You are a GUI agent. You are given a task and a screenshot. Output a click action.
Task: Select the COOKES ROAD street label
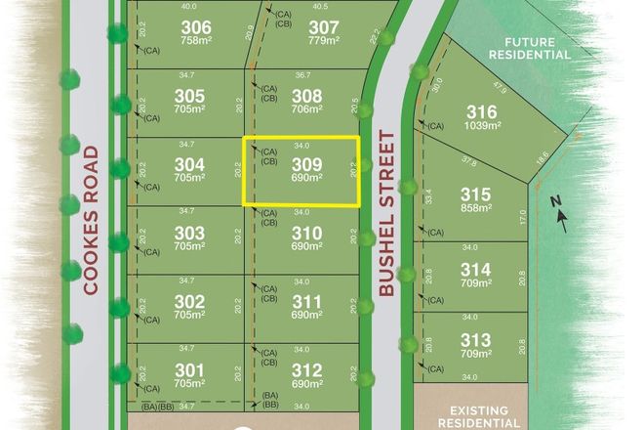(92, 220)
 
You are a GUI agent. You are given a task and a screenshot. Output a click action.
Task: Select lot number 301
(189, 369)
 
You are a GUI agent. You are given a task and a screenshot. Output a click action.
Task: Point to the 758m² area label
(196, 40)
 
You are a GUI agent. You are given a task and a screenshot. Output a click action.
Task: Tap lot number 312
(306, 369)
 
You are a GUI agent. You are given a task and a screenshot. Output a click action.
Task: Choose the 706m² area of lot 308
(305, 109)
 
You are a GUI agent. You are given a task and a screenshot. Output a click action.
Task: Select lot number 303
(189, 233)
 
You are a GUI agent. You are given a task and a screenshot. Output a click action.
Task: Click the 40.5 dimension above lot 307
(320, 6)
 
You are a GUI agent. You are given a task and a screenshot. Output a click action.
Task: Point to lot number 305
(189, 97)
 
